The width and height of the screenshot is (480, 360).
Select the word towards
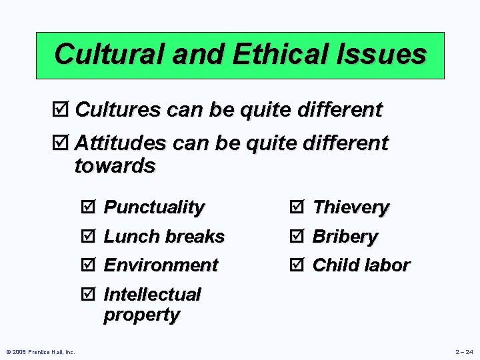[x=115, y=165]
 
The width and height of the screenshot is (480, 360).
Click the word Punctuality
[x=154, y=207]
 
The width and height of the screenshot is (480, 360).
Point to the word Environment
[x=161, y=265]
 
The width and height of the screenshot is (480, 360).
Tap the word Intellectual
[x=152, y=295]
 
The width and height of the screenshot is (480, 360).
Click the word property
[x=141, y=315]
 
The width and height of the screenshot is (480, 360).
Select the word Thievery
[x=351, y=207]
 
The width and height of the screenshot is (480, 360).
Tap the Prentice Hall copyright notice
[x=41, y=352]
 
